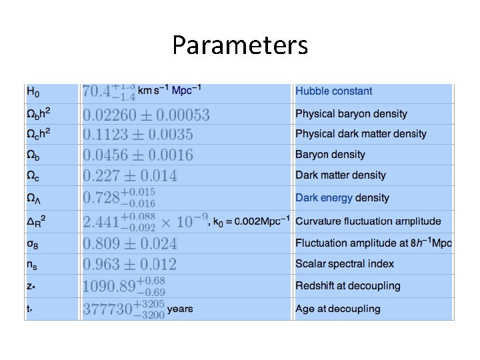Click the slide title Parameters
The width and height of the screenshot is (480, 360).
click(x=240, y=45)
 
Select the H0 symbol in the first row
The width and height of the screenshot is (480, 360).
click(x=33, y=91)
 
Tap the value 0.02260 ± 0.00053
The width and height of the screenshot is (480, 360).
click(x=146, y=115)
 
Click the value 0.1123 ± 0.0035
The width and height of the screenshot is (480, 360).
click(x=138, y=135)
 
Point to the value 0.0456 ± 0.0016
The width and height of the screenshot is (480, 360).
click(x=138, y=155)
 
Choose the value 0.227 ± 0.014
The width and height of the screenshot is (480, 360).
click(x=130, y=176)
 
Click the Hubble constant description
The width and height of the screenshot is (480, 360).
click(x=333, y=91)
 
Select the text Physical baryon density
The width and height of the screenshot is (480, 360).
click(x=351, y=114)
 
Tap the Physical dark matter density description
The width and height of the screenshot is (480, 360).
click(x=361, y=134)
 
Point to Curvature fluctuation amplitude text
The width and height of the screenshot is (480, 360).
click(x=368, y=221)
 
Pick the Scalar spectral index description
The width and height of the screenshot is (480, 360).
click(x=345, y=264)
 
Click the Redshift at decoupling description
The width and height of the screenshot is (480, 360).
click(x=348, y=286)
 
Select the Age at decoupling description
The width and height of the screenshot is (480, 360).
click(x=337, y=309)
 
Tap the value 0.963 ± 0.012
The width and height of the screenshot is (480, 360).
click(x=130, y=264)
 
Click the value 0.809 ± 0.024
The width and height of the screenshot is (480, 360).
click(x=130, y=243)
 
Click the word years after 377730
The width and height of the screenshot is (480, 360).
click(x=180, y=309)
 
